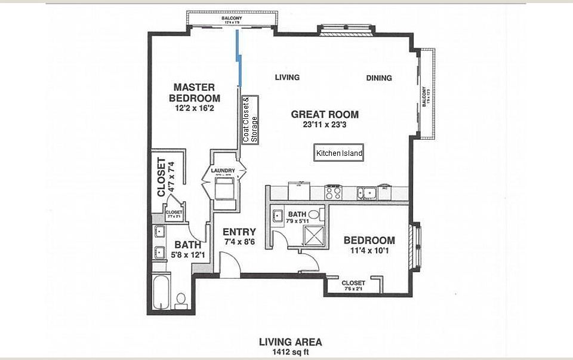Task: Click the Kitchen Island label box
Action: pyautogui.click(x=339, y=153)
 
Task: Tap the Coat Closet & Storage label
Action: pyautogui.click(x=250, y=119)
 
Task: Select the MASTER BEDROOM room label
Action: pyautogui.click(x=194, y=93)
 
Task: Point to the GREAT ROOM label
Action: pyautogui.click(x=325, y=114)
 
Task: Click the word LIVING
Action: pyautogui.click(x=287, y=78)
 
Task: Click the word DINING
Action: pyautogui.click(x=379, y=78)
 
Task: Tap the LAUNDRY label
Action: pyautogui.click(x=224, y=170)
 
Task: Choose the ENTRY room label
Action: pyautogui.click(x=239, y=232)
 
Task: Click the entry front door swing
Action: pyautogui.click(x=229, y=263)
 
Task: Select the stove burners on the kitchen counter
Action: pyautogui.click(x=333, y=192)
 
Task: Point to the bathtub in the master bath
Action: pyautogui.click(x=162, y=293)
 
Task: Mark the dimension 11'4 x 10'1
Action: pyautogui.click(x=369, y=251)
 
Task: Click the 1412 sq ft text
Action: pyautogui.click(x=290, y=352)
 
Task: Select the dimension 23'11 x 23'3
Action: pyautogui.click(x=325, y=125)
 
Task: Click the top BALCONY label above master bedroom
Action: pyautogui.click(x=232, y=19)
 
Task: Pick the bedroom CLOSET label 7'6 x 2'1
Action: pyautogui.click(x=353, y=285)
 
